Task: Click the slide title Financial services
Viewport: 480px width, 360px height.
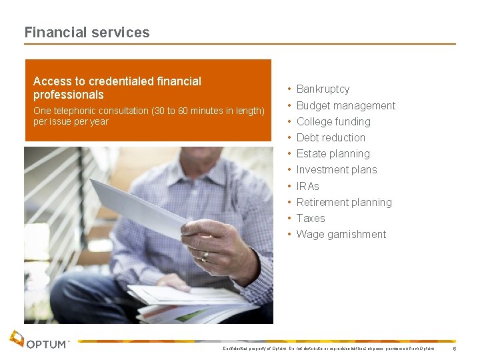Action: tap(87, 32)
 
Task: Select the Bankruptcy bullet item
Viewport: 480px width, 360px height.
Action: tap(323, 89)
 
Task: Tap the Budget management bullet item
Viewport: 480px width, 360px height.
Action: tap(345, 105)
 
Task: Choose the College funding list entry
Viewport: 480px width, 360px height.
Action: tap(333, 121)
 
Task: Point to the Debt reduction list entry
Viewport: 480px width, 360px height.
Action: tap(331, 137)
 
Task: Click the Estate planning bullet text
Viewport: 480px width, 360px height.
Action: tap(333, 153)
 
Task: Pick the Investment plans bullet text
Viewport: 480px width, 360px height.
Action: tap(336, 169)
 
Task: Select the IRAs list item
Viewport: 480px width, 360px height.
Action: tap(307, 186)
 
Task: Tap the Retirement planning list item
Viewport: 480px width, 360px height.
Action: tap(343, 202)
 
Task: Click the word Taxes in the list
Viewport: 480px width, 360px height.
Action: tap(311, 218)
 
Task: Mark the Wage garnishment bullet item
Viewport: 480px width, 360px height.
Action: tap(341, 234)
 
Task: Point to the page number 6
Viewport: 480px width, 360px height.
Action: tap(454, 349)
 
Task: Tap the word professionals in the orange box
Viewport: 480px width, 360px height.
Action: tap(69, 95)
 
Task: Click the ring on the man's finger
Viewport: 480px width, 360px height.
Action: tap(205, 255)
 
